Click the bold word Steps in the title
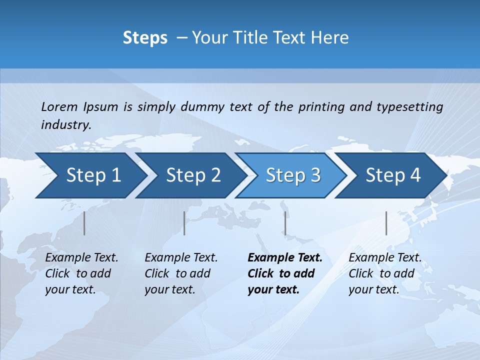point(145,38)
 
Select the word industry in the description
point(65,125)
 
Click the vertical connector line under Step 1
point(84,223)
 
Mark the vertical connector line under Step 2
point(184,223)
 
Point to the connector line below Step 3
point(285,223)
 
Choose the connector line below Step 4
point(386,223)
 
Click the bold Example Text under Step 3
point(285,258)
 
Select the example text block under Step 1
point(81,273)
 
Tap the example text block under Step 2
point(181,273)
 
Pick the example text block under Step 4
point(384,273)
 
